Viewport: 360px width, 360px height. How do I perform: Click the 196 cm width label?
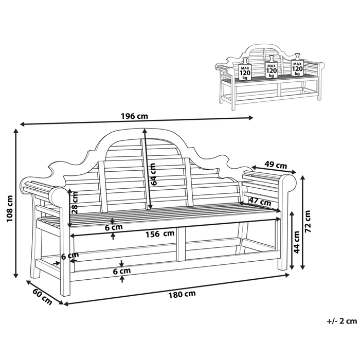pyautogui.click(x=135, y=116)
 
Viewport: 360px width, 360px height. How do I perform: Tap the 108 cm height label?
pyautogui.click(x=9, y=208)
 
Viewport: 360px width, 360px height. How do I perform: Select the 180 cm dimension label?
pyautogui.click(x=182, y=294)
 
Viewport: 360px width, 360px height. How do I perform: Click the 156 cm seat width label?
pyautogui.click(x=160, y=234)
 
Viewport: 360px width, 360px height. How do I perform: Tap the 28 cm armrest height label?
pyautogui.click(x=75, y=203)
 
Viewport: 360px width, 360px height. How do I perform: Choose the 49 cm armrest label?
pyautogui.click(x=276, y=165)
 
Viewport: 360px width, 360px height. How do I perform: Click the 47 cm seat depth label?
pyautogui.click(x=260, y=202)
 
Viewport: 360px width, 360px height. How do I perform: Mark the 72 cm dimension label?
pyautogui.click(x=308, y=221)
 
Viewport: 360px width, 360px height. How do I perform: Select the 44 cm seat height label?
pyautogui.click(x=297, y=242)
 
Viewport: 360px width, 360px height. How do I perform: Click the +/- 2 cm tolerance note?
pyautogui.click(x=342, y=321)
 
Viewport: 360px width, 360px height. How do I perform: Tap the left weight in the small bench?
pyautogui.click(x=245, y=69)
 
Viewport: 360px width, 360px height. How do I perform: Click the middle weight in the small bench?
pyautogui.click(x=272, y=67)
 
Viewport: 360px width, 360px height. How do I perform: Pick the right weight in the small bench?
pyautogui.click(x=297, y=65)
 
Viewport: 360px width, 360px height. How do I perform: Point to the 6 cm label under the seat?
pyautogui.click(x=114, y=227)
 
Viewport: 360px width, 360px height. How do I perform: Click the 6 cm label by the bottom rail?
pyautogui.click(x=122, y=271)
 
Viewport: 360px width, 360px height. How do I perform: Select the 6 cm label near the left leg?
pyautogui.click(x=70, y=256)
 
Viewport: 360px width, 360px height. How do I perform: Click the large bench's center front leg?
pyautogui.click(x=181, y=244)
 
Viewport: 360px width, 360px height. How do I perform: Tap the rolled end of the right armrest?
pyautogui.click(x=289, y=183)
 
